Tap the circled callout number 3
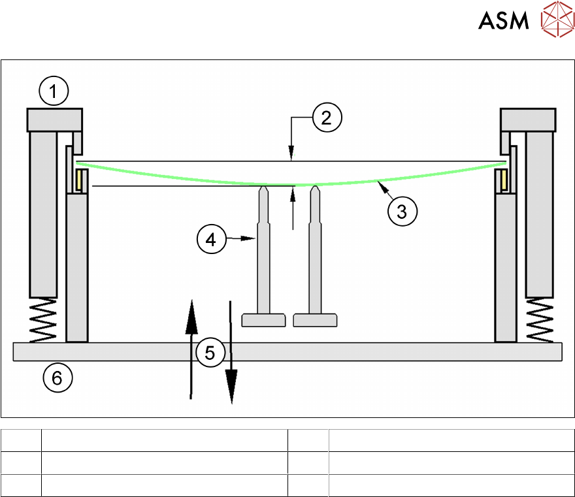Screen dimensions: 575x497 click(x=402, y=211)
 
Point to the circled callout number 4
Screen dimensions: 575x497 click(x=211, y=240)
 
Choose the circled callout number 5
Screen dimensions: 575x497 click(x=210, y=353)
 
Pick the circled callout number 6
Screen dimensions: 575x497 click(x=57, y=377)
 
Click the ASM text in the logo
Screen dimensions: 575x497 click(x=503, y=21)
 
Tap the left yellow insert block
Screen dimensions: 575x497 click(x=80, y=180)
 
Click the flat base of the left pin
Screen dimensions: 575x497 click(x=263, y=320)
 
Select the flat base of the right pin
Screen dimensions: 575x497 click(x=315, y=320)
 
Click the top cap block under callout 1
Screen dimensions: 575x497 click(x=54, y=120)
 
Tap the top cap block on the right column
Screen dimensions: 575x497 click(x=528, y=120)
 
